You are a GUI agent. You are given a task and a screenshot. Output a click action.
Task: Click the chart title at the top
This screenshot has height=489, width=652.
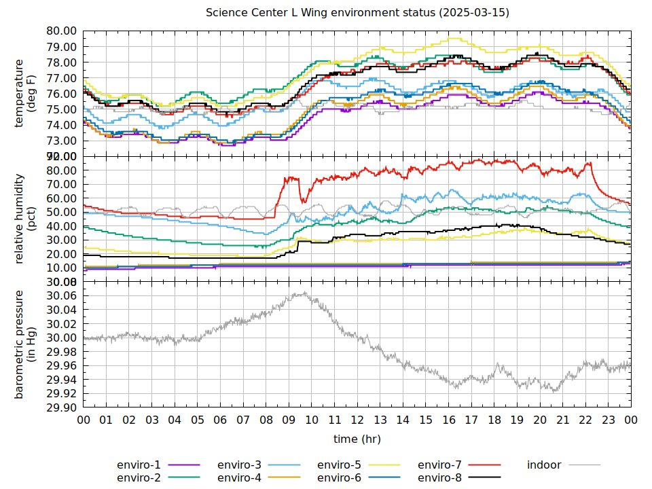click(x=357, y=13)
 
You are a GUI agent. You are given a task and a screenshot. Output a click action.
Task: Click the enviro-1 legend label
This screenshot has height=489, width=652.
click(x=139, y=465)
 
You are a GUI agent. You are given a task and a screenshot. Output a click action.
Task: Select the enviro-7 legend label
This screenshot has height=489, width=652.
click(x=439, y=465)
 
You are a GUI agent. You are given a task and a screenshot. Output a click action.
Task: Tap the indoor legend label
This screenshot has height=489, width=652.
click(x=544, y=465)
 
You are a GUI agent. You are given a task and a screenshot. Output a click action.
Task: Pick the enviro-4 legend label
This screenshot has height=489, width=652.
click(x=239, y=477)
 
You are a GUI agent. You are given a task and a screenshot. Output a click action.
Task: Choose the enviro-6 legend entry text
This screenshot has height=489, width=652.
click(x=339, y=477)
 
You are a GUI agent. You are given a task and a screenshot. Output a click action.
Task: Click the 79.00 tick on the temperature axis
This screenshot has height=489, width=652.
click(x=61, y=47)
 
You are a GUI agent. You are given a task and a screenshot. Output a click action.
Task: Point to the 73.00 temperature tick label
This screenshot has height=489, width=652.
click(x=61, y=141)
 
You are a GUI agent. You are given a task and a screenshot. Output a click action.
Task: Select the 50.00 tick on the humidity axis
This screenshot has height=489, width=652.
click(x=61, y=212)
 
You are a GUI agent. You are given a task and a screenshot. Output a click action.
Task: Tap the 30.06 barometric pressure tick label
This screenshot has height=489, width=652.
click(x=61, y=295)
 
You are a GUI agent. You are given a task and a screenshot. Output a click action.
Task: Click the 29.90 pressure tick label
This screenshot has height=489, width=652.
click(x=61, y=407)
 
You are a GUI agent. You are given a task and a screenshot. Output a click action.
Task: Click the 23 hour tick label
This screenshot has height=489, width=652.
click(x=609, y=421)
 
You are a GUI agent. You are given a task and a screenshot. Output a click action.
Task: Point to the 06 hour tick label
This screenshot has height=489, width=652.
click(x=220, y=421)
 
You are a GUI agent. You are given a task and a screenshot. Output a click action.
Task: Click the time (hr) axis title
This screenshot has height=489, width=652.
click(x=357, y=439)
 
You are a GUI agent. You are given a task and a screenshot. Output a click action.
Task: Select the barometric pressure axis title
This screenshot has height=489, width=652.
click(x=24, y=344)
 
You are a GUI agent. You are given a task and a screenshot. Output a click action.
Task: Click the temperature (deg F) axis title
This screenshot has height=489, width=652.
click(x=24, y=94)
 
